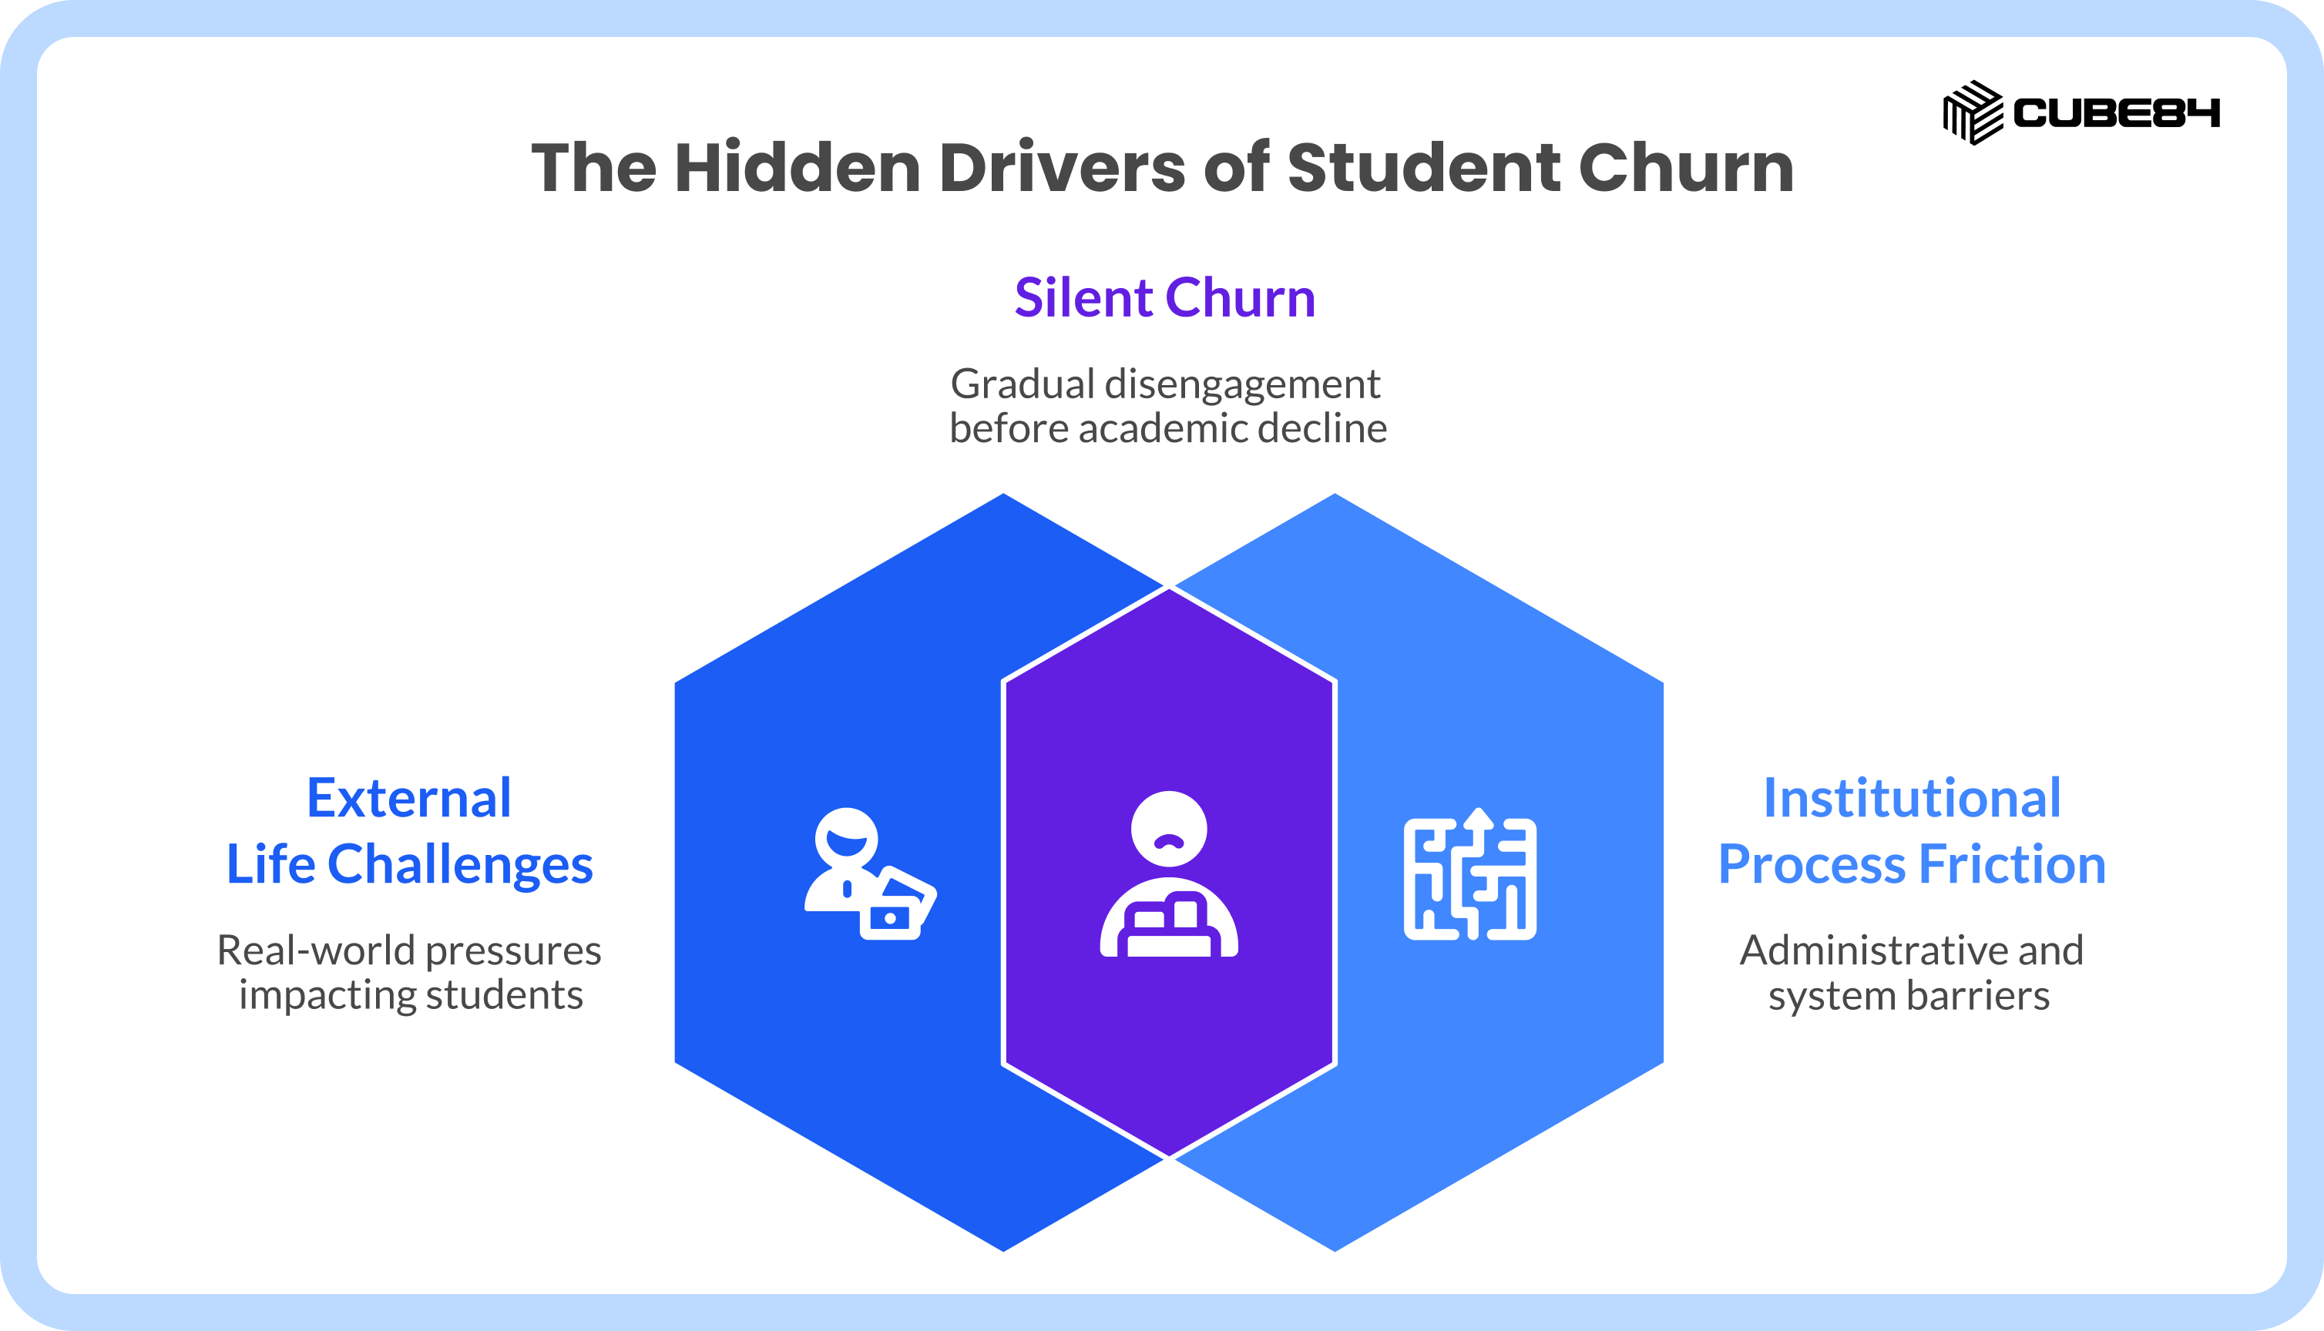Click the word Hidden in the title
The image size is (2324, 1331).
coord(798,168)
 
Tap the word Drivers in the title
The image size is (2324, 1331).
coord(1063,168)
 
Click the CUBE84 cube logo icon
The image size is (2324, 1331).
coord(1972,112)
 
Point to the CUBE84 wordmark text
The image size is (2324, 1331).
coord(2117,113)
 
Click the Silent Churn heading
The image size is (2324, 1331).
coord(1165,297)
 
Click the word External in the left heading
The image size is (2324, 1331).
coord(408,798)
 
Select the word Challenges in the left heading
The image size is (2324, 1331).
coord(460,866)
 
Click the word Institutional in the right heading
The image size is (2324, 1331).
coord(1913,798)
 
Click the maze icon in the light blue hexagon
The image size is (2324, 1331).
coord(1470,874)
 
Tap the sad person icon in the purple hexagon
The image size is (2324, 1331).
coord(1169,874)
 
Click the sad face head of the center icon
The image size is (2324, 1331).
coord(1169,829)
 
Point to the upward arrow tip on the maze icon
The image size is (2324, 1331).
coord(1479,809)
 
